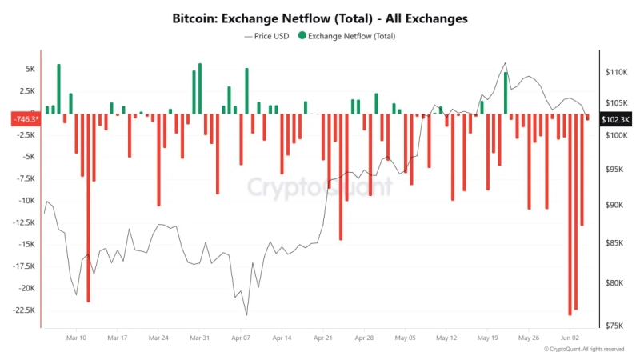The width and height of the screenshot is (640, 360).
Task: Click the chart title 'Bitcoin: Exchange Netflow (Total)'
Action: coord(320,17)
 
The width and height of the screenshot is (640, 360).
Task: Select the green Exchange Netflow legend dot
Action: coord(302,36)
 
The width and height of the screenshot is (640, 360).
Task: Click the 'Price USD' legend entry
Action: coord(266,36)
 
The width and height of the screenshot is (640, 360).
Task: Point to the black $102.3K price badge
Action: coord(616,119)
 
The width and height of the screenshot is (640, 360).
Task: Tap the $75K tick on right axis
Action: coord(616,326)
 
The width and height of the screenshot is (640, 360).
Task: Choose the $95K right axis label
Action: coord(616,170)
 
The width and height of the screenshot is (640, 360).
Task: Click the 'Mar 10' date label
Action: coord(76,338)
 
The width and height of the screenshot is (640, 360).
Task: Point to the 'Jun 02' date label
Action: coord(570,338)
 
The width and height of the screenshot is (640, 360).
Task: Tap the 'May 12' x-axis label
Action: coord(446,338)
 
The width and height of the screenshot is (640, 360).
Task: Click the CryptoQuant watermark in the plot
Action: coord(319,187)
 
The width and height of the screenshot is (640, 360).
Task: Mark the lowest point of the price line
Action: coord(246,314)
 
